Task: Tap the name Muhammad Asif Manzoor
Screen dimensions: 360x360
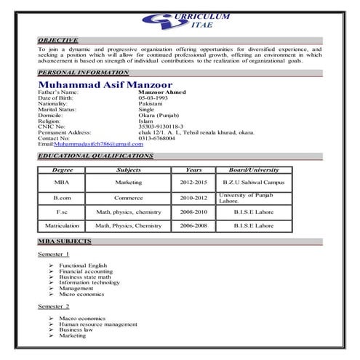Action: click(105, 85)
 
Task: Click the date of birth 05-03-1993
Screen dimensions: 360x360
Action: click(153, 98)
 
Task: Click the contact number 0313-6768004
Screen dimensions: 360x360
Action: click(156, 138)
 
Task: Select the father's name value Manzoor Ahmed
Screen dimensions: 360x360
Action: click(162, 92)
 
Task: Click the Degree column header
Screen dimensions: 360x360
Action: click(63, 169)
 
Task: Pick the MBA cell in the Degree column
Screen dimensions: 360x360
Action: click(62, 182)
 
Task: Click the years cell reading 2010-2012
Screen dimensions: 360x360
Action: click(194, 198)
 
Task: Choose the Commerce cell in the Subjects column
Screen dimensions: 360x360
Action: click(128, 198)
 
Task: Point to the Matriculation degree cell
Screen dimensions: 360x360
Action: click(62, 225)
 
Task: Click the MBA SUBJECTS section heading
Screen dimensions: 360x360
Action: click(65, 241)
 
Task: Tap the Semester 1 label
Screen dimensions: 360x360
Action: click(54, 255)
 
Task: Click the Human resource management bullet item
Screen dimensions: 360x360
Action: click(98, 324)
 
